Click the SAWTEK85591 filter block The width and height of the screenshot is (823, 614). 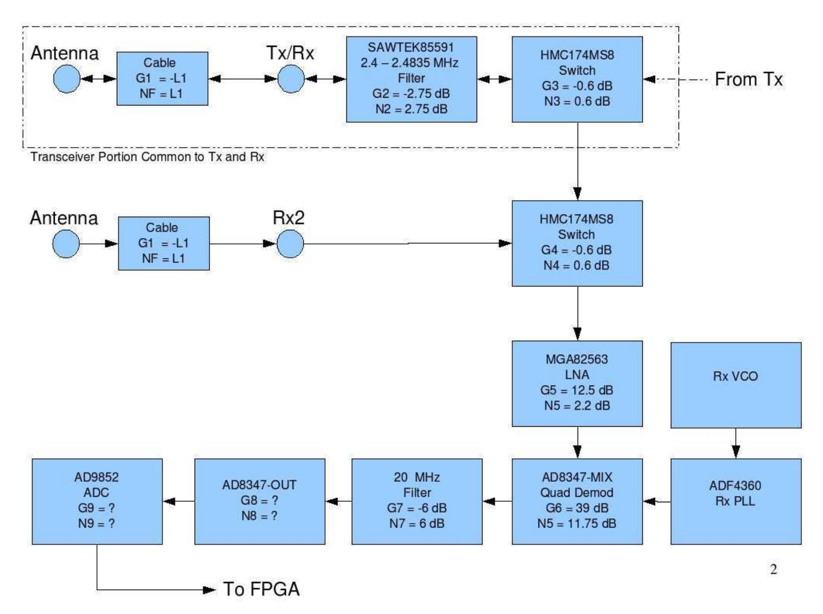tap(411, 79)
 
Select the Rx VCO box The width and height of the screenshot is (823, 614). tap(735, 385)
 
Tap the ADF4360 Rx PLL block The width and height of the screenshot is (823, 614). tap(735, 501)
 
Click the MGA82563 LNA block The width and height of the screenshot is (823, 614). tap(577, 383)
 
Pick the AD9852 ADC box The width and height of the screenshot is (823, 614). tap(97, 501)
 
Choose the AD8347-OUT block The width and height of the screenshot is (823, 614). tap(259, 501)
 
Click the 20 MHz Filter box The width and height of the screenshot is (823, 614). tap(416, 501)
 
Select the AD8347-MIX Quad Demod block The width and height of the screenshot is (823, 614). tap(577, 501)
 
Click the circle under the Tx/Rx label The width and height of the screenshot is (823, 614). tap(291, 79)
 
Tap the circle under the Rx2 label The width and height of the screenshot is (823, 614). tap(290, 243)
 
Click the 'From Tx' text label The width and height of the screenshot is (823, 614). tap(748, 80)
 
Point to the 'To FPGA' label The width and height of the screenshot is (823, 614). tap(261, 589)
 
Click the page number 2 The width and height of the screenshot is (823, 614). tap(773, 569)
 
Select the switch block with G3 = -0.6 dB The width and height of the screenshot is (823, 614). tap(577, 79)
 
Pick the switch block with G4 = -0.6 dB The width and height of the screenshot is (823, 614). tap(577, 243)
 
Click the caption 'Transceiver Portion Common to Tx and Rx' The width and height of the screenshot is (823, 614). tap(147, 157)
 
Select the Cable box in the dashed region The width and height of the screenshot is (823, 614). tap(162, 79)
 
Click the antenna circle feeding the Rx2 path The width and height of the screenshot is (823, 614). tap(66, 243)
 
